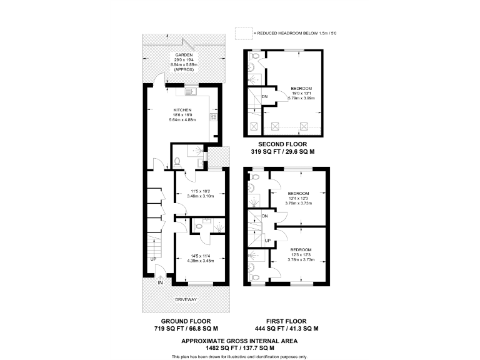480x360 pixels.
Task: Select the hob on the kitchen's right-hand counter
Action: point(214,117)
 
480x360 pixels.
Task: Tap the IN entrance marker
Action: point(159,282)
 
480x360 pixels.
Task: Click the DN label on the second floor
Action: point(265,96)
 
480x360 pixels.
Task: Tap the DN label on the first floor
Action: point(265,216)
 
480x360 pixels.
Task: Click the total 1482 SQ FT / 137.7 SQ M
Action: point(240,347)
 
